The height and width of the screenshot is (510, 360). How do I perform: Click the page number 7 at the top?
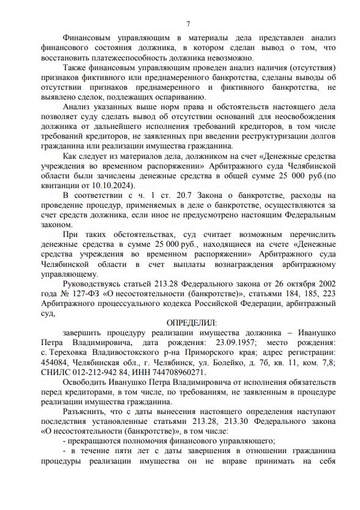(x=188, y=24)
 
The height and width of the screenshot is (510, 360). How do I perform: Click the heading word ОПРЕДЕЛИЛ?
(x=191, y=322)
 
